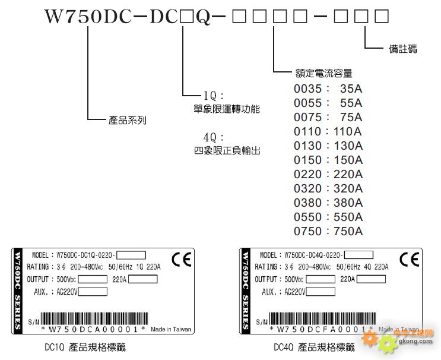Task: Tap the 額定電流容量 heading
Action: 324,73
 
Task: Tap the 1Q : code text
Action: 212,96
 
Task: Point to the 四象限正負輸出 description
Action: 227,150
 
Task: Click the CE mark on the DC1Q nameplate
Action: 180,260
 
